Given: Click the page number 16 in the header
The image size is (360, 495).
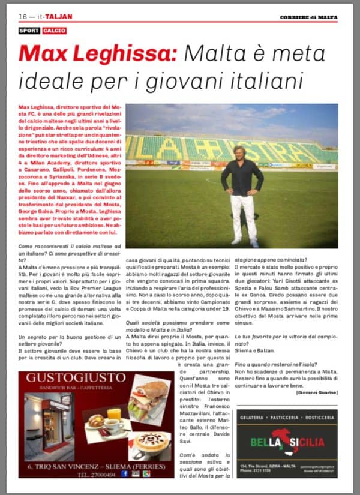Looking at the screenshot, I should point(23,16).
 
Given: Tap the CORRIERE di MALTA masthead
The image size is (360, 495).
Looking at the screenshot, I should point(308,16).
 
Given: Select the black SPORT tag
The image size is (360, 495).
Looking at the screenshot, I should point(29,30).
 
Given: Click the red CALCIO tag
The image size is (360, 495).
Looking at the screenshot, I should point(55,30).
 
